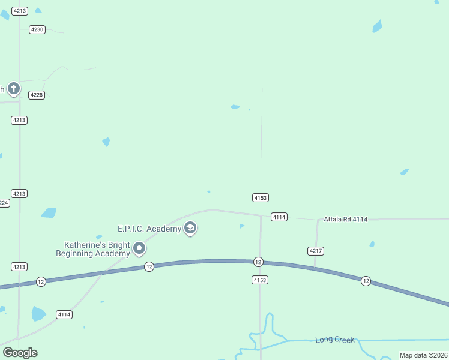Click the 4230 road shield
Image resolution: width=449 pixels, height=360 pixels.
tap(37, 29)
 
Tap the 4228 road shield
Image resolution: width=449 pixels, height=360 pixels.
tap(37, 95)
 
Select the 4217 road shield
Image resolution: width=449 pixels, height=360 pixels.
tap(315, 250)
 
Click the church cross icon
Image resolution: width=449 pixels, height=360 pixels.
tap(14, 89)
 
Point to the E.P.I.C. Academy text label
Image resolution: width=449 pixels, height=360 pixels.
tap(149, 229)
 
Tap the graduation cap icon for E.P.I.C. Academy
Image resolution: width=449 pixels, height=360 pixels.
tap(190, 228)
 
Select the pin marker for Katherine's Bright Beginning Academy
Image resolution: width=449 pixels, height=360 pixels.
tap(140, 248)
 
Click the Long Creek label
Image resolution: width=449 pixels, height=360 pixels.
tap(334, 340)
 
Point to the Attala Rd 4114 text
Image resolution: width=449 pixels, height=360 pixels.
tap(345, 219)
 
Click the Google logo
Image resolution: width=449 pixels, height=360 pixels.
tap(20, 353)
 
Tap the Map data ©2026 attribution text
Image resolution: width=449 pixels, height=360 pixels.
tap(423, 355)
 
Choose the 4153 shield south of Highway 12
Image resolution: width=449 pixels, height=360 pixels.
tap(260, 280)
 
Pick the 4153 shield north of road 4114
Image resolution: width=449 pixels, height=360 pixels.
tap(260, 197)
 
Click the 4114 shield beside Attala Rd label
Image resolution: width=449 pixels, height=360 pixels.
tap(279, 217)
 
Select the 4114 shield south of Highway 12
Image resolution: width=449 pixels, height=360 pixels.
tap(64, 314)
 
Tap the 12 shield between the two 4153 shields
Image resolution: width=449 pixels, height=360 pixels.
tap(258, 262)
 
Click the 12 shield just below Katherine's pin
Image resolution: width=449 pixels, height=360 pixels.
tap(149, 266)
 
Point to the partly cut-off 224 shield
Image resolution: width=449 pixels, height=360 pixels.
tap(4, 203)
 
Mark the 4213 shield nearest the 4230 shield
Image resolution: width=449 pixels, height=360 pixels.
tap(19, 11)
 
